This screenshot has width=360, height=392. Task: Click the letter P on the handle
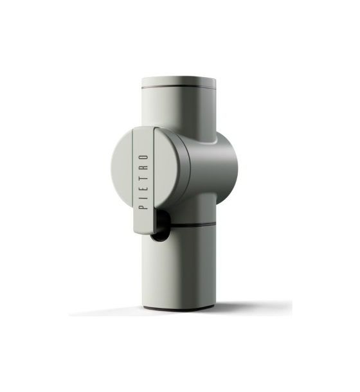143,207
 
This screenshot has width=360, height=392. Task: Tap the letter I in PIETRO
143,197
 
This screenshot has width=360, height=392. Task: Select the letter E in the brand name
143,188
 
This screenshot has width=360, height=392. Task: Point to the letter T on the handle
143,177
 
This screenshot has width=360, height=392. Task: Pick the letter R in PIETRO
143,167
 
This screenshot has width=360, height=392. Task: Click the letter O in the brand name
143,157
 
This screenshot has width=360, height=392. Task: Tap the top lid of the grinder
179,82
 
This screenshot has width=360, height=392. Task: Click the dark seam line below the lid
179,88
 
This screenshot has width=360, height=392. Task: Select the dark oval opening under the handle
160,226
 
